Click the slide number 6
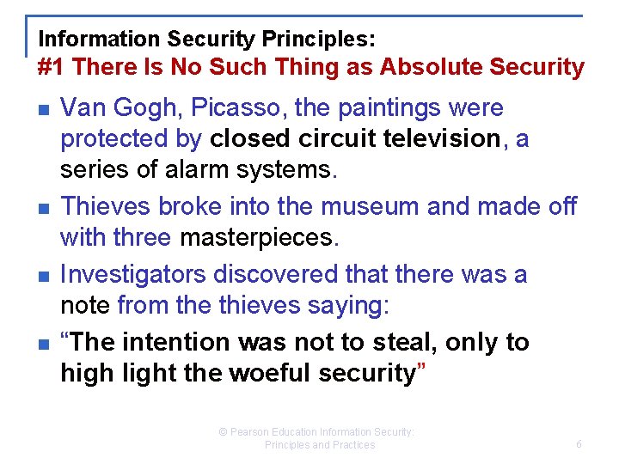coord(579,444)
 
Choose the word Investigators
coord(133,274)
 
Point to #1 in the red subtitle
coord(51,67)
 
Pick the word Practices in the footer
coord(353,445)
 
